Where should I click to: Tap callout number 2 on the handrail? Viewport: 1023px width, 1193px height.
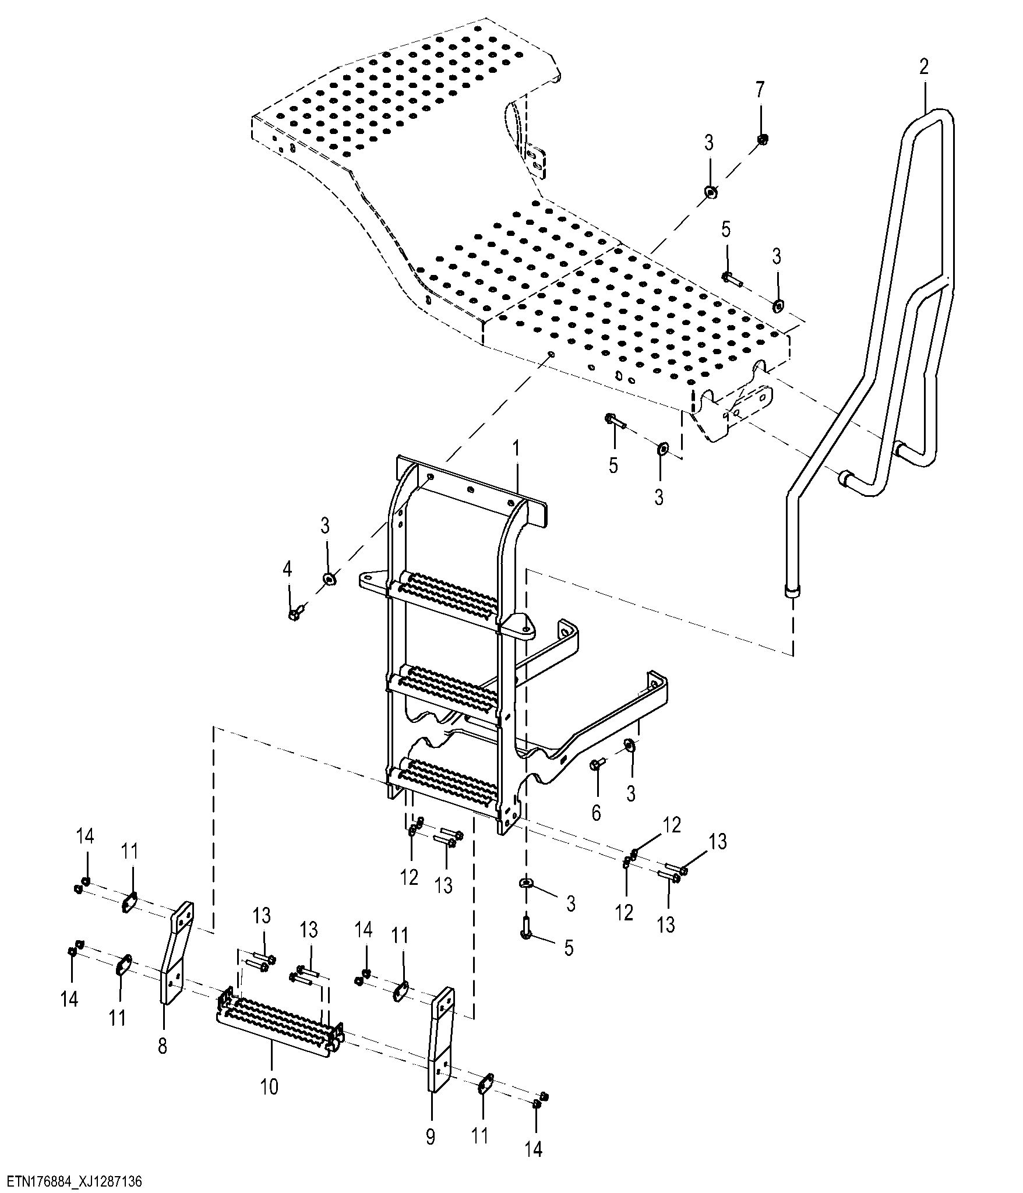click(924, 67)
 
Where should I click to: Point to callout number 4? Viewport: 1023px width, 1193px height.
click(287, 570)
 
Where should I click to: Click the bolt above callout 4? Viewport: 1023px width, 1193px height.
click(297, 613)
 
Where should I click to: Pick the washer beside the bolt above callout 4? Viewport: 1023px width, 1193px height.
click(328, 578)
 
